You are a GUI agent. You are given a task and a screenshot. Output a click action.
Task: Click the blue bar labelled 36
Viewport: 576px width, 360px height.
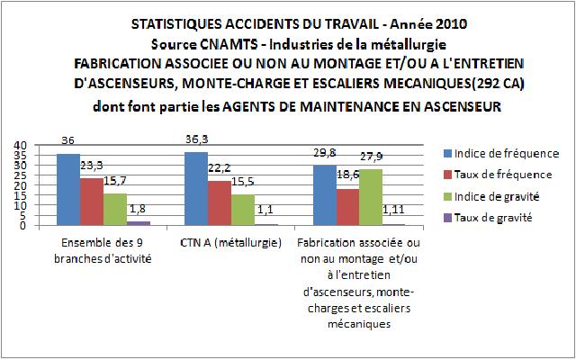click(68, 189)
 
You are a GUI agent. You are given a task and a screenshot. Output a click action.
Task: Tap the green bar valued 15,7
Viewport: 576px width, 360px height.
click(115, 209)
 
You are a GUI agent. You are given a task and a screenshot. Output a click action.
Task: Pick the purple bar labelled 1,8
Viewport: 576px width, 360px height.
click(138, 222)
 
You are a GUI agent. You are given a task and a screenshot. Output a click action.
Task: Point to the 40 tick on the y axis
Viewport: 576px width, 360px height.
click(21, 145)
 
